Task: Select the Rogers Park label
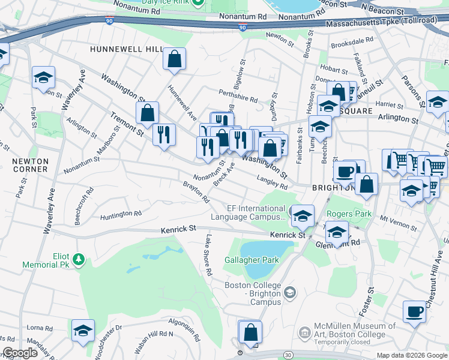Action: coord(346,213)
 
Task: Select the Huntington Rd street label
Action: coord(121,214)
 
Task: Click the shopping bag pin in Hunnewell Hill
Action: coord(174,59)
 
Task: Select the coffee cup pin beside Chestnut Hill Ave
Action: coord(414,312)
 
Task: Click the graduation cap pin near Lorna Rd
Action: coord(83,330)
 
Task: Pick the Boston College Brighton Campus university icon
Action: coord(290,292)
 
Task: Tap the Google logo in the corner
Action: coord(20,353)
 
